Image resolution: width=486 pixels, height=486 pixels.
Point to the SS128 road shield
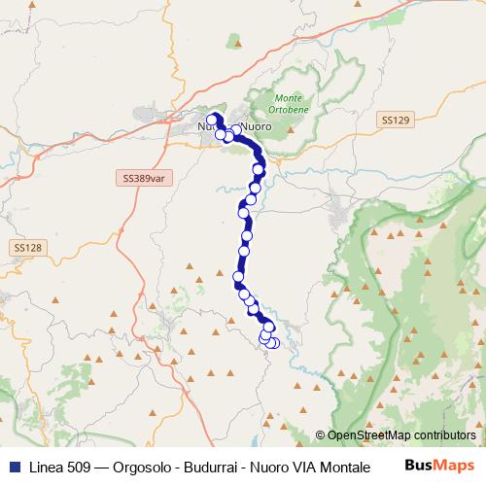[x=27, y=248]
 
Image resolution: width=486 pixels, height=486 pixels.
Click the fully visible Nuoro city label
[x=255, y=127]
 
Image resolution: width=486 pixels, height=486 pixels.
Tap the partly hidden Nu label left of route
[x=204, y=127]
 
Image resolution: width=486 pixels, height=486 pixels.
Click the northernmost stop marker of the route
[x=213, y=119]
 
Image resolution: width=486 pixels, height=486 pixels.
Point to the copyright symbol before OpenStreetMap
[x=321, y=435]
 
